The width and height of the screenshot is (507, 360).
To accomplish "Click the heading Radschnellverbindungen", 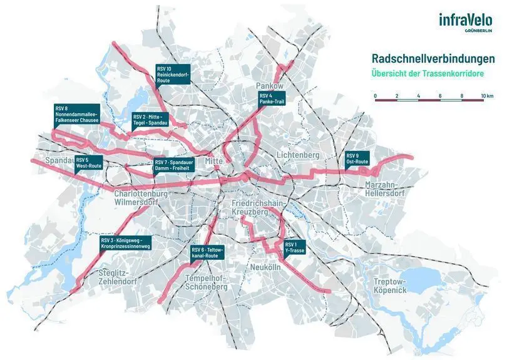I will [433, 59].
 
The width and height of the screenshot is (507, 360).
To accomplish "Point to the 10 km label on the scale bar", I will [487, 95].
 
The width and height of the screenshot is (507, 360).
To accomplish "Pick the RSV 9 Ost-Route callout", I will [357, 158].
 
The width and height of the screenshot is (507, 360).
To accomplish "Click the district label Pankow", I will [270, 85].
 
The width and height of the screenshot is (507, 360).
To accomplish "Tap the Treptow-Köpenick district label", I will [390, 286].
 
